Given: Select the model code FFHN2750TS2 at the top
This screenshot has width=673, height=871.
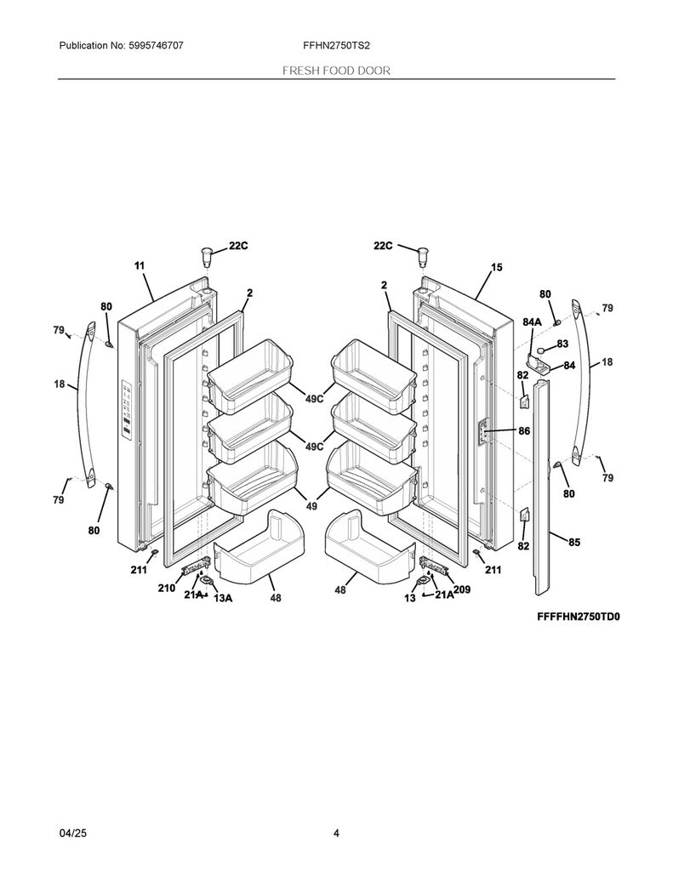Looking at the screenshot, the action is coord(336,46).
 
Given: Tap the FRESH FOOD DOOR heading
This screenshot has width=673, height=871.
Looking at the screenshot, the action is coord(336,71).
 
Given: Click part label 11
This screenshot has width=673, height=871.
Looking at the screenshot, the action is coord(140,265).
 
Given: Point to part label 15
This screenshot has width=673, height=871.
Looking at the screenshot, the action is coord(496,267).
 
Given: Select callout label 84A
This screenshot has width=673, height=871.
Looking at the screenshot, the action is coord(532,322).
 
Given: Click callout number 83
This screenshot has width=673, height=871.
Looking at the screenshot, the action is coord(562,344).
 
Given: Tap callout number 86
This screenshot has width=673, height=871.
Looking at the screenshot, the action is coord(523,430).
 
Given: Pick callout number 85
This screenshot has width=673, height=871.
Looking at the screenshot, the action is coord(574,542).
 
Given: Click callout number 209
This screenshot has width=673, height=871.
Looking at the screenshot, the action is coord(462,589).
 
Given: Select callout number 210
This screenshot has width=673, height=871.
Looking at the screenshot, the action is coord(166,588).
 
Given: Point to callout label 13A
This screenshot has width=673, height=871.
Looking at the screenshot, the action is coord(223,598).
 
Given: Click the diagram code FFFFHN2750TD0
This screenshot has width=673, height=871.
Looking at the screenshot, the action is coord(578,617).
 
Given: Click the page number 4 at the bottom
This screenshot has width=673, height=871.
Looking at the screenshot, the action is coord(336,833).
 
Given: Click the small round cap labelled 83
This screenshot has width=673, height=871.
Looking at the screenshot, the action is coord(540,352).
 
